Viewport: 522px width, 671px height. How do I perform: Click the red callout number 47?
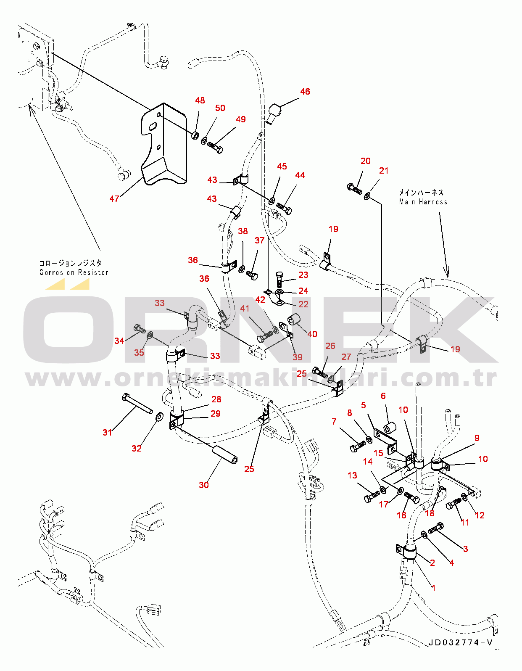pos(114,198)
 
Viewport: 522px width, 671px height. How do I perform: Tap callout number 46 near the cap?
pos(305,92)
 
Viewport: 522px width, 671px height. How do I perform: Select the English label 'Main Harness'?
pos(423,202)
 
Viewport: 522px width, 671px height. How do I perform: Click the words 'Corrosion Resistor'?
pos(74,273)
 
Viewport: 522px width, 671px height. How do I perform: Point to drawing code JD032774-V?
pos(461,643)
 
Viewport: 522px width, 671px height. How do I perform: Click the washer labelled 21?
pos(367,196)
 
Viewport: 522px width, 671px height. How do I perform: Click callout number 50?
pos(220,108)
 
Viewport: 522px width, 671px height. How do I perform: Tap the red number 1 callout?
pos(433,588)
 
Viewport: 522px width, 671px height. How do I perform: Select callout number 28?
pos(216,399)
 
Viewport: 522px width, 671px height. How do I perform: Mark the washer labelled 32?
pos(159,417)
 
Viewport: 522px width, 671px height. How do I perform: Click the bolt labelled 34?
pos(139,328)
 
